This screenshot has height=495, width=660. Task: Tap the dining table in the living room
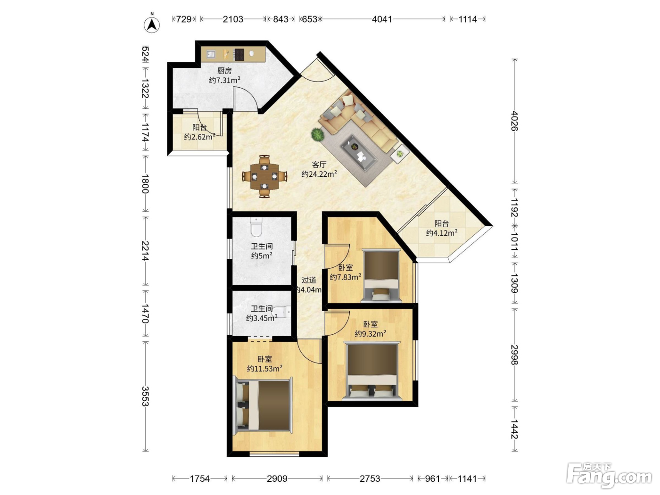[x=264, y=176]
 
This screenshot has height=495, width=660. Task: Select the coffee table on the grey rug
[x=359, y=153]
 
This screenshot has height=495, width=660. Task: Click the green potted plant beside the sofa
[x=318, y=134]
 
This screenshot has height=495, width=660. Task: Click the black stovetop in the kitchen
[x=239, y=55]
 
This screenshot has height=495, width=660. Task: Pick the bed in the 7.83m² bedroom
[x=381, y=275]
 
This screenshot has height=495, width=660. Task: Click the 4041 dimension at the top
[x=382, y=19]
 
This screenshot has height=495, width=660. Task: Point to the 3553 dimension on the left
[x=146, y=396]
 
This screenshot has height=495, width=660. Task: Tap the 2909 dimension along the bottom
[x=277, y=478]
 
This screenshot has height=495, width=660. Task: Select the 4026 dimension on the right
[x=514, y=121]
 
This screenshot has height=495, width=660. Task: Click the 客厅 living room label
[x=319, y=165]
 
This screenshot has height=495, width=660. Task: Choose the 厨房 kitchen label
[x=224, y=71]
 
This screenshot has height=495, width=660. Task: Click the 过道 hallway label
[x=309, y=280]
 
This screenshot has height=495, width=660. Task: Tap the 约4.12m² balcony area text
[x=442, y=232]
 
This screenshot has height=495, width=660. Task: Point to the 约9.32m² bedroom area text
[x=371, y=334]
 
